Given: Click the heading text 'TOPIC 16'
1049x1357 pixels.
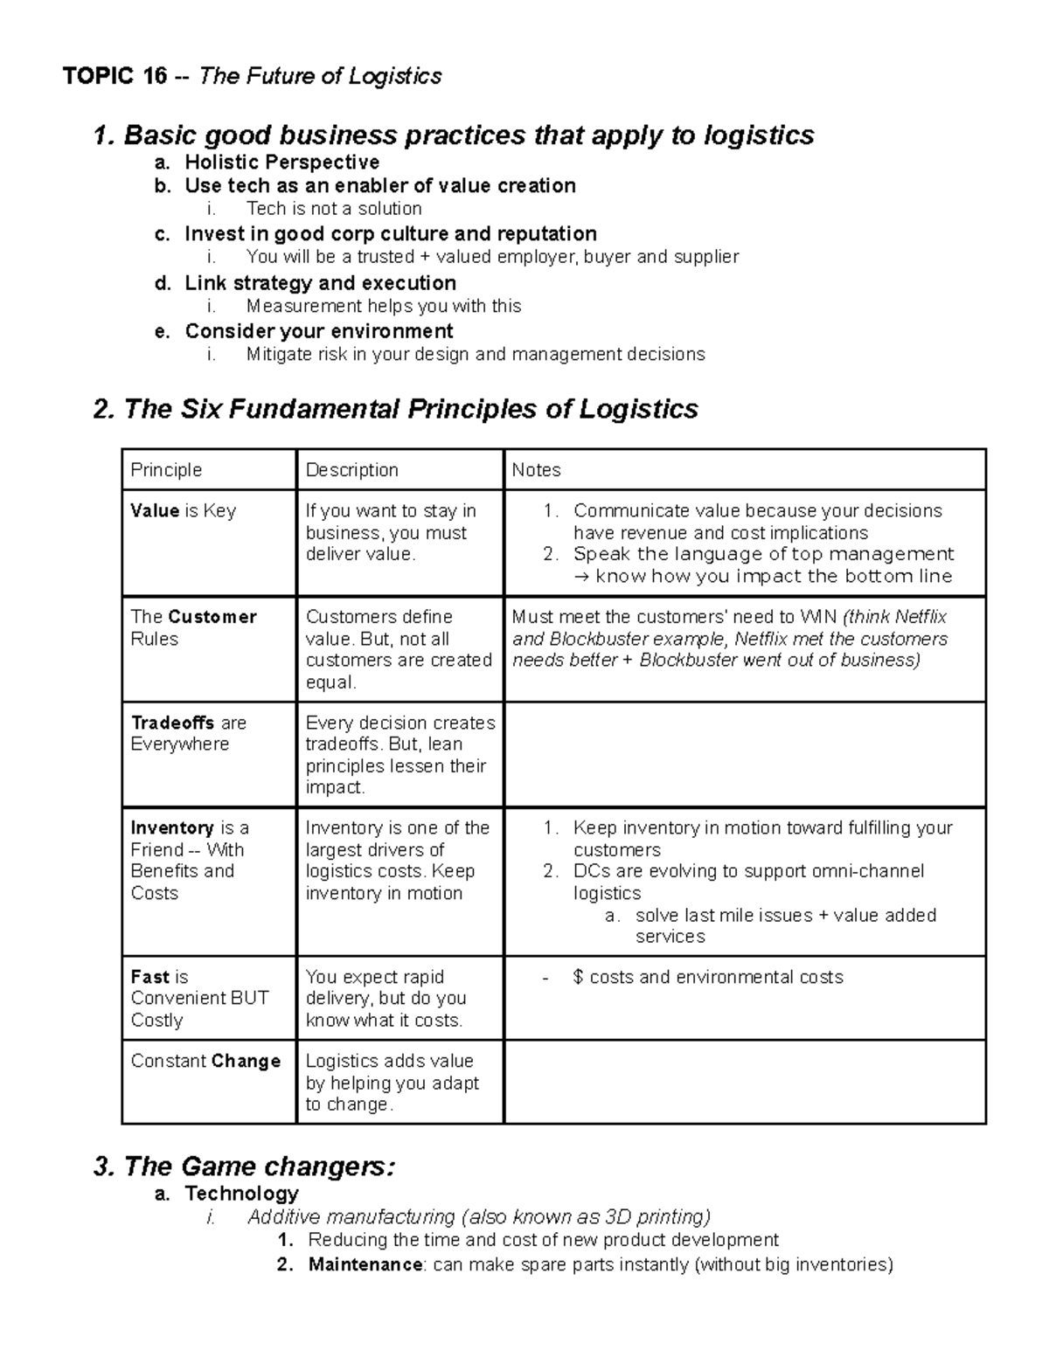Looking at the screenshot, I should coord(115,77).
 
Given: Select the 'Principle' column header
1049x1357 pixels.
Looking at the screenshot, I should coord(166,470).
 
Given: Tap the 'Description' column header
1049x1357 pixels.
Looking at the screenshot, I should coord(351,470).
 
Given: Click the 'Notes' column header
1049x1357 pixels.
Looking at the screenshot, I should coord(536,470).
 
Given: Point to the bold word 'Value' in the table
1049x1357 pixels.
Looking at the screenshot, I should coord(155,511).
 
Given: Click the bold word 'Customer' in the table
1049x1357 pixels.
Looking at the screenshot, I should coord(212,617).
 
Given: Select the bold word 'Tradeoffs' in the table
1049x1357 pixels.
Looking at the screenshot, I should coord(173,723).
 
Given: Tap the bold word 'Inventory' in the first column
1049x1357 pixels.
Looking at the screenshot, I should coord(172,828).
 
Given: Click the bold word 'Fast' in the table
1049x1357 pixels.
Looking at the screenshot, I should coord(149,977).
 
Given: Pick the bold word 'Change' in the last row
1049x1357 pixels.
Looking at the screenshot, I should coord(246,1061).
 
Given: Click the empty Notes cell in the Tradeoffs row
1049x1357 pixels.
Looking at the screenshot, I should coord(745,754).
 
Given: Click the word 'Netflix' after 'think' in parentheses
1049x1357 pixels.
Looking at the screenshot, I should coord(920,617).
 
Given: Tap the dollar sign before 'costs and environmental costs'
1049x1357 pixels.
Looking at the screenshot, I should coord(578,977).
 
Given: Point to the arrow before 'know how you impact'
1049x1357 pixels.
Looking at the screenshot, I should coord(581,576).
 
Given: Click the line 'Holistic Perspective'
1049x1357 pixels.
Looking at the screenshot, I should coord(281,163).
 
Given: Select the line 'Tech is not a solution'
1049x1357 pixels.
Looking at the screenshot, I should coord(334,209).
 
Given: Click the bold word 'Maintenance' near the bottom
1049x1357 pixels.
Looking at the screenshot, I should coord(365,1264).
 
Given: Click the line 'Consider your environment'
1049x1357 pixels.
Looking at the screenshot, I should coord(318,331).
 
